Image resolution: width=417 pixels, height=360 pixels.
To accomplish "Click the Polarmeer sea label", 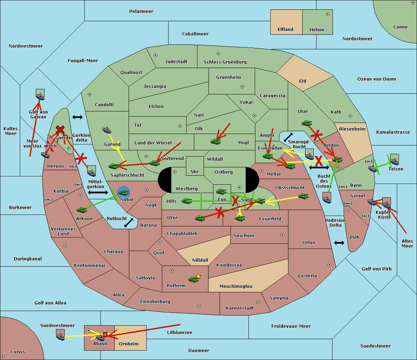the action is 141,11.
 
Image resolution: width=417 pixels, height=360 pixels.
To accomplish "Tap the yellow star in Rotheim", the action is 198,276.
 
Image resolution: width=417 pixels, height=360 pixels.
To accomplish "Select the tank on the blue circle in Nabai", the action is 123,193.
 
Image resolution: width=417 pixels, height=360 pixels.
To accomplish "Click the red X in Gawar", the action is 60,129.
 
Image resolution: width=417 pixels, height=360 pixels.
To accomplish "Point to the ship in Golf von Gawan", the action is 40,96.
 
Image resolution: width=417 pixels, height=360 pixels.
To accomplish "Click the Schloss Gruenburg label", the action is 225,62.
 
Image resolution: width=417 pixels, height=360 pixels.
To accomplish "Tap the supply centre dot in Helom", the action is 328,14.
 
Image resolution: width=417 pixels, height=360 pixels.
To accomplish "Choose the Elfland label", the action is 285,29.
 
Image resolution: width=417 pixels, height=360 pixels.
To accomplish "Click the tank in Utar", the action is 306,123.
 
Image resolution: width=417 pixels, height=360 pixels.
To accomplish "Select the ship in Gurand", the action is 107,130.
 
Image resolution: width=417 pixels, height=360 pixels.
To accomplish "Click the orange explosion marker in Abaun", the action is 105,335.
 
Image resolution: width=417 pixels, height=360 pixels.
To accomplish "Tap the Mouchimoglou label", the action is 236,286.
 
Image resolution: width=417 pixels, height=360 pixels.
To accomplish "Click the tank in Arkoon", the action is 82,210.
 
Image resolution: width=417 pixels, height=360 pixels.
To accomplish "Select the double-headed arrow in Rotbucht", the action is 129,223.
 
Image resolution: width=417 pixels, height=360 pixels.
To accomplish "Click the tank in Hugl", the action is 216,142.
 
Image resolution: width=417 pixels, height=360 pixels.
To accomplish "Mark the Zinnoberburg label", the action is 155,302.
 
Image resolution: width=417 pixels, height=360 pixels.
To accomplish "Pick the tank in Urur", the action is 200,218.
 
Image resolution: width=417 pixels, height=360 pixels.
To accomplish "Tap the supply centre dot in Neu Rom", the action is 283,235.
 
